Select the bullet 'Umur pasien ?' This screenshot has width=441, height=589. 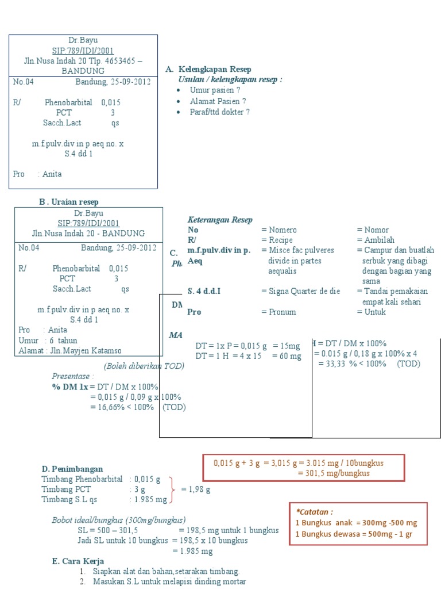pyautogui.click(x=215, y=90)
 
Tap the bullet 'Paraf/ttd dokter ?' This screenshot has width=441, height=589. pyautogui.click(x=219, y=112)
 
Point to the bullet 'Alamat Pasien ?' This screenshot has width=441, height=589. pyautogui.click(x=218, y=101)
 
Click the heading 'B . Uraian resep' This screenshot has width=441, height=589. pyautogui.click(x=68, y=202)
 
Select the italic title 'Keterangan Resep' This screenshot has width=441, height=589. pyautogui.click(x=220, y=220)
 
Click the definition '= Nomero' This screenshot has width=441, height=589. pyautogui.click(x=279, y=230)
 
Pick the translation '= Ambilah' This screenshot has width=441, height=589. pyautogui.click(x=374, y=240)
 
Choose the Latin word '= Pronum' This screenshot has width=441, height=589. pyautogui.click(x=278, y=312)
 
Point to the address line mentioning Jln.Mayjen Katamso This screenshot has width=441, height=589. pyautogui.click(x=70, y=351)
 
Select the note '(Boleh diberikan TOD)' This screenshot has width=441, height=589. pyautogui.click(x=144, y=366)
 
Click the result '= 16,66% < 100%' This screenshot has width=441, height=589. pyautogui.click(x=122, y=407)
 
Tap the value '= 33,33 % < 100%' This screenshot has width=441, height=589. pyautogui.click(x=352, y=364)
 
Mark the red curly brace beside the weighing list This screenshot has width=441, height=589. pyautogui.click(x=173, y=489)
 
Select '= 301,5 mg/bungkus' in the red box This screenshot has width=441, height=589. pyautogui.click(x=334, y=473)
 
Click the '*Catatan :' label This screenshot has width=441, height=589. pyautogui.click(x=315, y=511)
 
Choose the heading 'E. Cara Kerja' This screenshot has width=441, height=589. pyautogui.click(x=78, y=561)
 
